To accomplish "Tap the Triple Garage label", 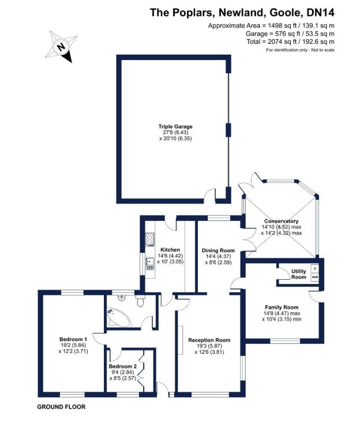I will (x=175, y=126).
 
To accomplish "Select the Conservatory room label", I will (x=281, y=221).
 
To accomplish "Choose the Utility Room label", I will (x=298, y=274).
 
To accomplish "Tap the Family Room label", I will (x=281, y=307).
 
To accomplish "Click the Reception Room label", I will (x=209, y=340).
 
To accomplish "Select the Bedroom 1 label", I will (x=73, y=339).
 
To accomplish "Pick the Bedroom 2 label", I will (x=122, y=366).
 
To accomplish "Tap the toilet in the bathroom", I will (x=140, y=301).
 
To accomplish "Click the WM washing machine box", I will (x=314, y=278).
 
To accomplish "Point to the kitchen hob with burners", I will (x=150, y=238).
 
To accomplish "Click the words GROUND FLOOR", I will (x=61, y=407).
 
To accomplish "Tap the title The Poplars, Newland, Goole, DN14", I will (x=242, y=12).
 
